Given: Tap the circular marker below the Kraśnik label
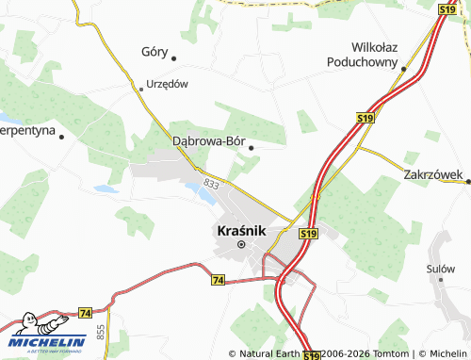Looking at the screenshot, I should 241,245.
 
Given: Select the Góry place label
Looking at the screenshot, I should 154,51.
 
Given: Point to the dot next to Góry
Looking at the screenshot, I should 174,59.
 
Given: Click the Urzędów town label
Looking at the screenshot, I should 168,84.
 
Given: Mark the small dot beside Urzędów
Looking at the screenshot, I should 141,89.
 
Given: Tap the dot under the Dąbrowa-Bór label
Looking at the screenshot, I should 252,147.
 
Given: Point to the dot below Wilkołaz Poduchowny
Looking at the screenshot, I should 403,69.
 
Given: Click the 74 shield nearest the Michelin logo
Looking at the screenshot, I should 85,312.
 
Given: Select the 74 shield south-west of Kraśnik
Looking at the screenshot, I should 219,280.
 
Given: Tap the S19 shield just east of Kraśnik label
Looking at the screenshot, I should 307,233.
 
